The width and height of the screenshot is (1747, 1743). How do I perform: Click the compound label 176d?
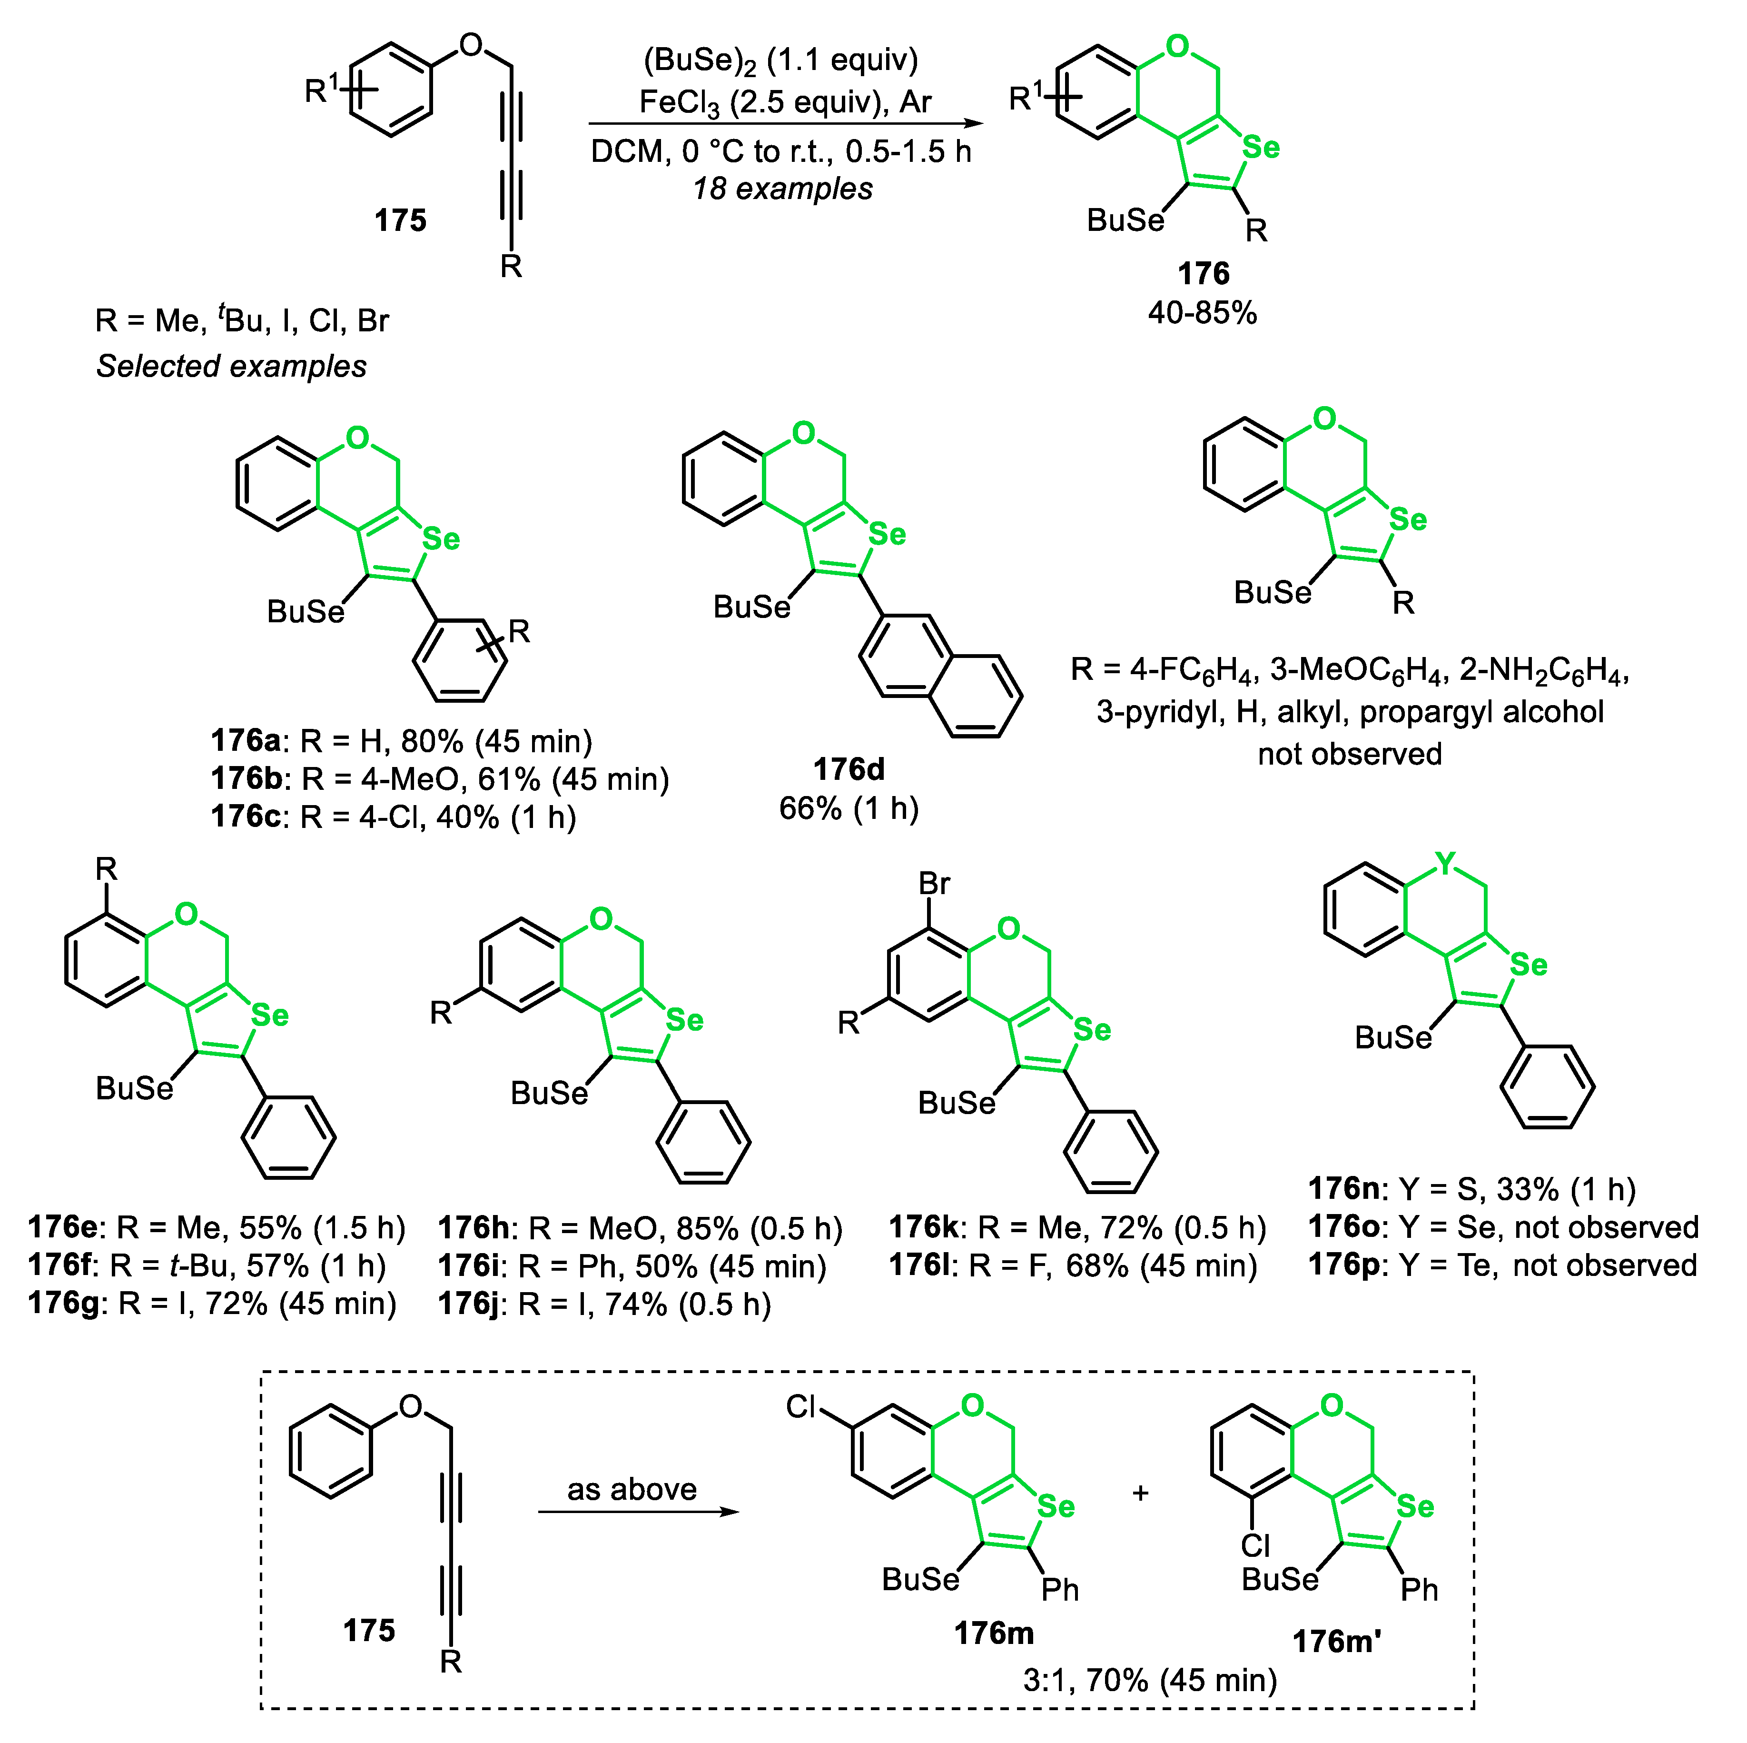coord(848,769)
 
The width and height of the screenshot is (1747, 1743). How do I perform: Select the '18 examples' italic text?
coord(782,189)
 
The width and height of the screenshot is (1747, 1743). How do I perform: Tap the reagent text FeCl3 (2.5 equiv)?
coord(760,102)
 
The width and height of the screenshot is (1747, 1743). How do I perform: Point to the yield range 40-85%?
coord(1203,313)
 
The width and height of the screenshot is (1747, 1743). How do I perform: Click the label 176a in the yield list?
coord(246,741)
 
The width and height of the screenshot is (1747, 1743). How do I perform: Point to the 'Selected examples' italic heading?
coord(231,366)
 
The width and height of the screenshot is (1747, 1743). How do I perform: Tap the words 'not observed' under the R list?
coord(1349,754)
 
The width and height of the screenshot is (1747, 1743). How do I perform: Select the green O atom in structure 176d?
coord(803,434)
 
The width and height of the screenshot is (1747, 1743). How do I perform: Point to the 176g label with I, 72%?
coord(63,1304)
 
